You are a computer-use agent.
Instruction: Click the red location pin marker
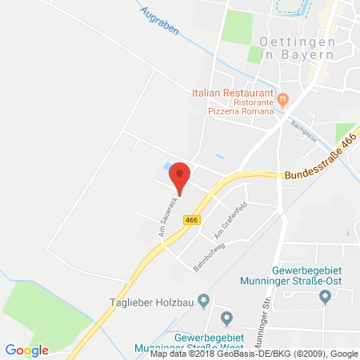pyautogui.click(x=181, y=175)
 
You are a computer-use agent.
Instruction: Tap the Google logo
pyautogui.click(x=27, y=350)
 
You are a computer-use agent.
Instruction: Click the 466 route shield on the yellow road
pyautogui.click(x=191, y=218)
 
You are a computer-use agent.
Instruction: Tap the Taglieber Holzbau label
pyautogui.click(x=150, y=302)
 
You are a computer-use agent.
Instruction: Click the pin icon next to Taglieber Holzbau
pyautogui.click(x=204, y=302)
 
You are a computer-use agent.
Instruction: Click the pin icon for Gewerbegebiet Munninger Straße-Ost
pyautogui.click(x=325, y=297)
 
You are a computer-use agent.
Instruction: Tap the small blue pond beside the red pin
pyautogui.click(x=166, y=166)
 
